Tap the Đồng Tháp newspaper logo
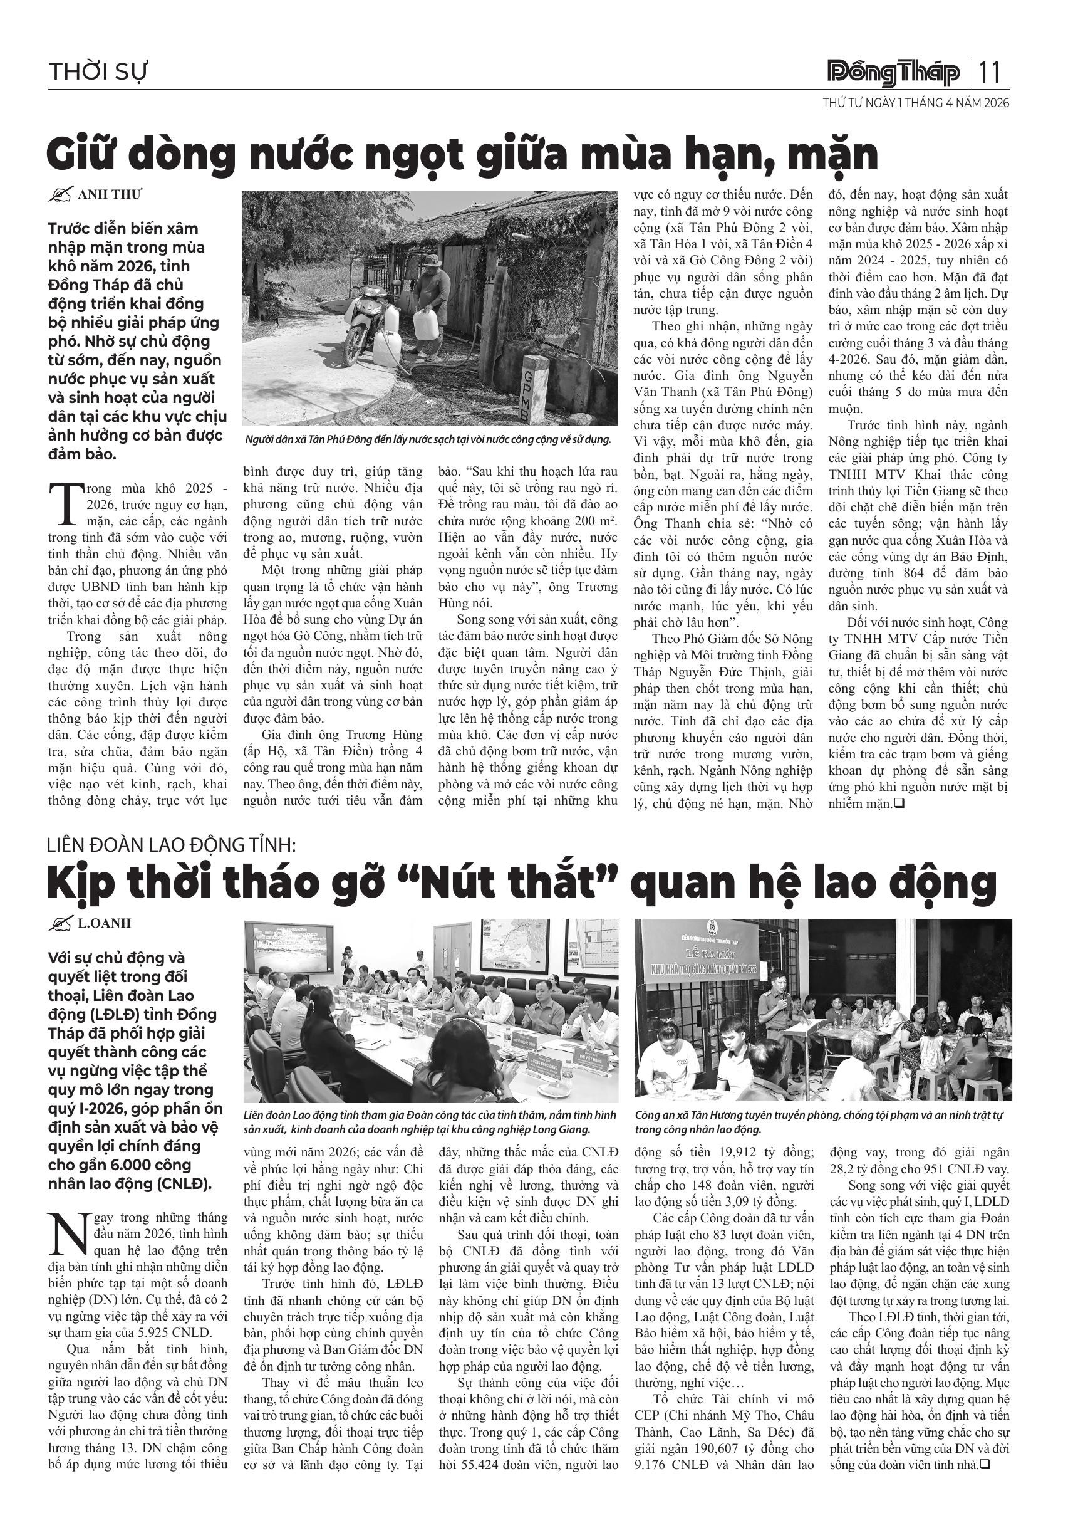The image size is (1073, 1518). click(893, 73)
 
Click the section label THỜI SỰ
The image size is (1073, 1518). click(97, 72)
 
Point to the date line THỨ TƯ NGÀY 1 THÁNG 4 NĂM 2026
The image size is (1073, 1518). click(915, 103)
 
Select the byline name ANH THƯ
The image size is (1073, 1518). click(110, 194)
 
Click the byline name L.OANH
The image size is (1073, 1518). click(105, 923)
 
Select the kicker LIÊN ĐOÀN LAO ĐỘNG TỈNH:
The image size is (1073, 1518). click(171, 845)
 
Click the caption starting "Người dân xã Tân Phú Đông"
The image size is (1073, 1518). click(427, 439)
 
